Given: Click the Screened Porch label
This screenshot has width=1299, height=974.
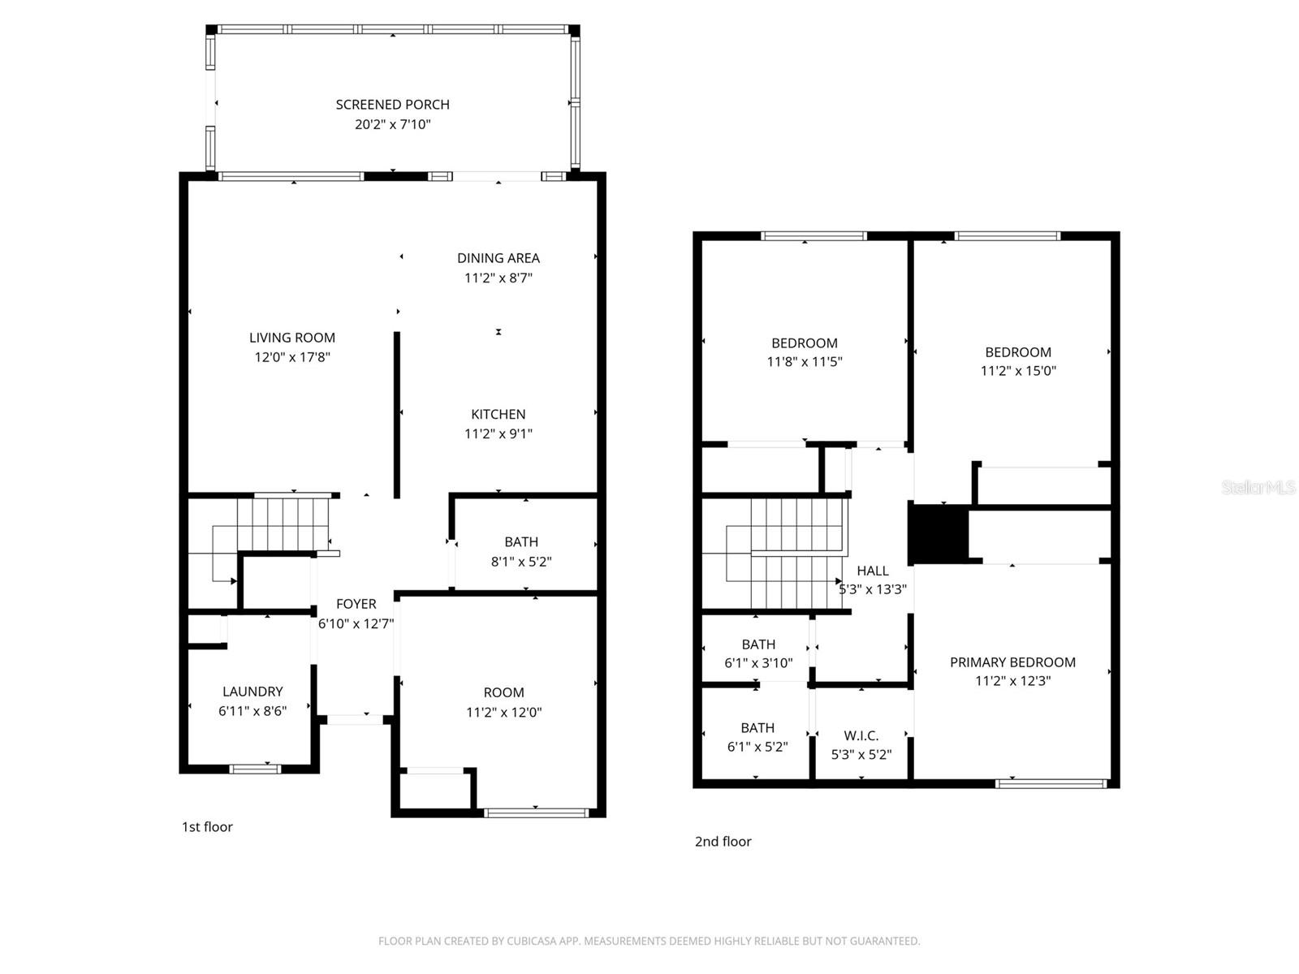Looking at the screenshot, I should pos(392,105).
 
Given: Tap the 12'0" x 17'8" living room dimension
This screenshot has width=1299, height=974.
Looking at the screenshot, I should pos(292,357).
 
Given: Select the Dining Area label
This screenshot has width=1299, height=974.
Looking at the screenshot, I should pos(498,258).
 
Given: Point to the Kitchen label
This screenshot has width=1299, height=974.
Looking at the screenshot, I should pos(498,415).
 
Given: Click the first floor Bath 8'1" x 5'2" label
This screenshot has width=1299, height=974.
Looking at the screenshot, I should pos(521,542).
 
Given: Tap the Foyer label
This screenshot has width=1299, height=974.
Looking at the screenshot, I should pos(356,604).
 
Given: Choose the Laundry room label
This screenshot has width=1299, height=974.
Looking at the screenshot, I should pos(252,692).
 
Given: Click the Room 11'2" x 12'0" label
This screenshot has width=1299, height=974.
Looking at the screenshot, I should pos(503,692).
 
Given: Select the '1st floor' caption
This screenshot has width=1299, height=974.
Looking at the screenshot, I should pos(207,827).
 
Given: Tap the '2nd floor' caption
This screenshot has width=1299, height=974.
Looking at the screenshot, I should pos(723,842).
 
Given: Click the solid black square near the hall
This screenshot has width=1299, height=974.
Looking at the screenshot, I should pos(939,533).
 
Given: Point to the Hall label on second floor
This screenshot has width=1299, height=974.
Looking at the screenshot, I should pos(873,571).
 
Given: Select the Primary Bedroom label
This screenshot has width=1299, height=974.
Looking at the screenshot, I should pos(1012,662).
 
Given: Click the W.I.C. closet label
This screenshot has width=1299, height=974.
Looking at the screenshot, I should pos(861,736).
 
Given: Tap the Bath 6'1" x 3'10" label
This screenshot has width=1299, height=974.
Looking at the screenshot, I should pos(758,644).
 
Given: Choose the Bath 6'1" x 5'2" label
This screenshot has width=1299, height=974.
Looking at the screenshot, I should pos(757,728).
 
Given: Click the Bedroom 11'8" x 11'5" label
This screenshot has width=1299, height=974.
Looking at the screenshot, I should pos(804,343).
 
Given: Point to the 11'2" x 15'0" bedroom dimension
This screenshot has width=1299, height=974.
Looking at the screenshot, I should pos(1018,371).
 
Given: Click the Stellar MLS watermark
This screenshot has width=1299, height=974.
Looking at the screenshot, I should pos(1258,488).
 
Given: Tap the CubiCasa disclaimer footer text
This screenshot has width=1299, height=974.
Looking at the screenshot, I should pos(649,942).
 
